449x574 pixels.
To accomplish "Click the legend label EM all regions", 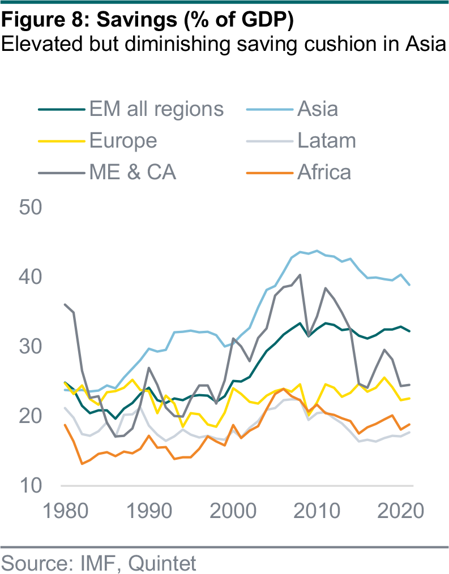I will pyautogui.click(x=157, y=109).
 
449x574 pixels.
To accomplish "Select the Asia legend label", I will pyautogui.click(x=318, y=109).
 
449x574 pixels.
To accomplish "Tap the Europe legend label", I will pyautogui.click(x=123, y=140).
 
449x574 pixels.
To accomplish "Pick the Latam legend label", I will pyautogui.click(x=327, y=140).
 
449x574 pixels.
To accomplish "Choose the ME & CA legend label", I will pyautogui.click(x=133, y=172).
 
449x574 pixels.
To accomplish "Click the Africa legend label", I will pyautogui.click(x=324, y=172).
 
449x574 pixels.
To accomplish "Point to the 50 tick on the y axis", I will pyautogui.click(x=31, y=207).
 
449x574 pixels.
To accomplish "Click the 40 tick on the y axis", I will pyautogui.click(x=31, y=277).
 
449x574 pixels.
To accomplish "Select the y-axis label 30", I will pyautogui.click(x=31, y=346).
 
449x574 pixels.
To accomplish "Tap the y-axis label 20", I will pyautogui.click(x=31, y=416).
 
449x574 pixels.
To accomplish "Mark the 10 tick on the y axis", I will pyautogui.click(x=31, y=486).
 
